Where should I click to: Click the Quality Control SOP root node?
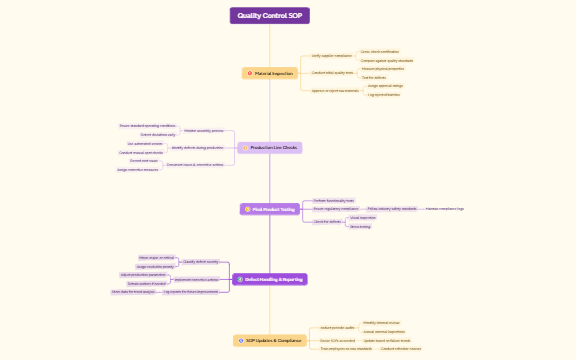269,16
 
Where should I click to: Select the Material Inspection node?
270,74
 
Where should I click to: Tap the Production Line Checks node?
269,147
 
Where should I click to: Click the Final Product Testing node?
269,209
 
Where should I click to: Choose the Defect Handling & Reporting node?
269,279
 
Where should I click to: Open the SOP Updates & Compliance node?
269,340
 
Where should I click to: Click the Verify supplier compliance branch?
331,56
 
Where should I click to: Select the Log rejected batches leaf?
384,94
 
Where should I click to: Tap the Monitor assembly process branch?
203,130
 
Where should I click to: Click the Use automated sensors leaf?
145,144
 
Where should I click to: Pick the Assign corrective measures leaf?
138,170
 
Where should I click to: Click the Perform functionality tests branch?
334,200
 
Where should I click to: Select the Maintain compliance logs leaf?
444,208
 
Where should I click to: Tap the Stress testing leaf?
360,226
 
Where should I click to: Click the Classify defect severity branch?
200,261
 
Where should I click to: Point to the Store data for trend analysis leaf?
133,292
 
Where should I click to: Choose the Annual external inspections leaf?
384,331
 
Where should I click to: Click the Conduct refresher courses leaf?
400,349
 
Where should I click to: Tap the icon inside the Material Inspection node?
248,74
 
